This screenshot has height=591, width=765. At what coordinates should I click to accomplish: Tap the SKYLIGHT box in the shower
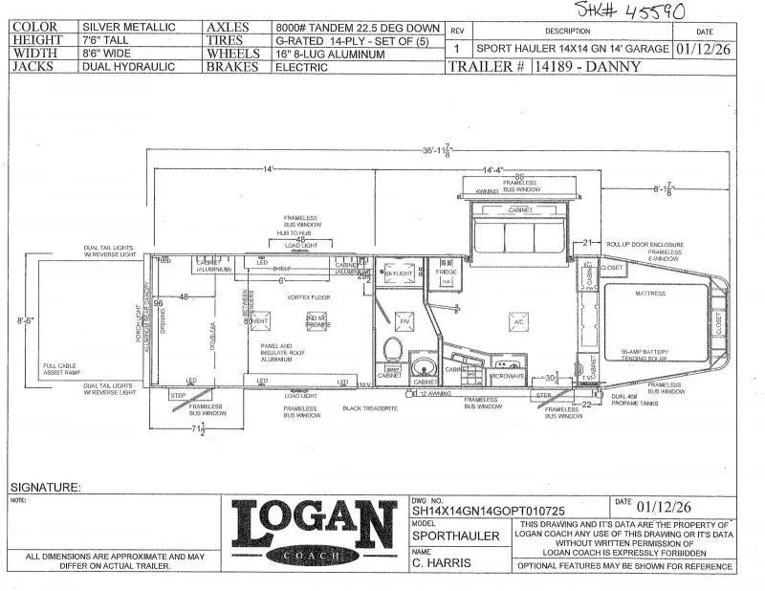tap(397, 274)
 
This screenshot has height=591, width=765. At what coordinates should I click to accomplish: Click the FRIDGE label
tap(446, 273)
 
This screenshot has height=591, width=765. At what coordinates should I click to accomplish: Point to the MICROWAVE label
tap(507, 376)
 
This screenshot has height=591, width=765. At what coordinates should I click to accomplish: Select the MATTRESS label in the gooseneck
tap(649, 294)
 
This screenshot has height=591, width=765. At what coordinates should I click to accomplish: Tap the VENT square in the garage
tap(256, 321)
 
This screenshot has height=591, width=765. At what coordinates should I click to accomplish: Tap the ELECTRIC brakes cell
tap(289, 68)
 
